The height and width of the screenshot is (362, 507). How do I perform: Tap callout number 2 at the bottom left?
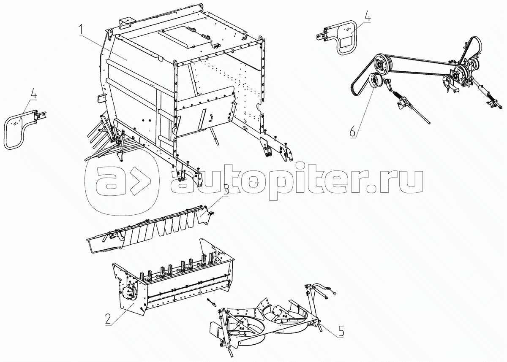(109, 319)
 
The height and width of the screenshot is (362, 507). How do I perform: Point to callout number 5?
(341, 332)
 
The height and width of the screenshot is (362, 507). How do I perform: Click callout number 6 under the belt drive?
(353, 132)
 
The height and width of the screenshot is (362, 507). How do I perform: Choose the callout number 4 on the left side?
(33, 93)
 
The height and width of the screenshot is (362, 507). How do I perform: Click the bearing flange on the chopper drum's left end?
(129, 293)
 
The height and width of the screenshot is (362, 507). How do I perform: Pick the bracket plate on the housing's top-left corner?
(125, 23)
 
